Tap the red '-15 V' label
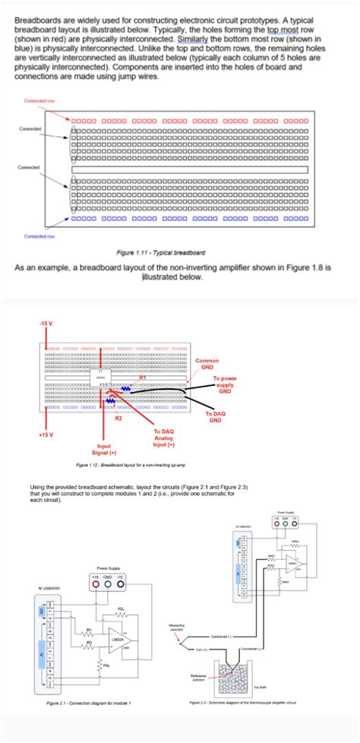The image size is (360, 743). [46, 323]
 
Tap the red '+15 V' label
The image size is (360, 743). [46, 435]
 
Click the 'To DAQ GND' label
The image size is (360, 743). [216, 416]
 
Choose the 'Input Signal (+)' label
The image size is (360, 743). [102, 450]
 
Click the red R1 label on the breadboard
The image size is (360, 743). [142, 377]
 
